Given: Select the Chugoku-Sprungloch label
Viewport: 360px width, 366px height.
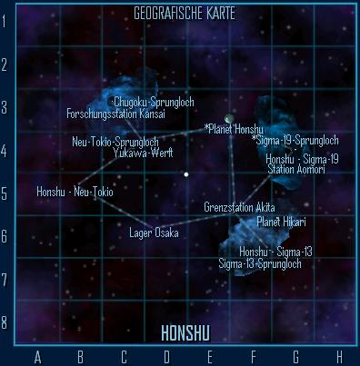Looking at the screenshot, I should [x=153, y=101].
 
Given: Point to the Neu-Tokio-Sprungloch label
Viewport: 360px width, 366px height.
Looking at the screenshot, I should [x=115, y=142].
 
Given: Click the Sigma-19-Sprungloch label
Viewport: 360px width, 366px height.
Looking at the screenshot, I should [x=295, y=141].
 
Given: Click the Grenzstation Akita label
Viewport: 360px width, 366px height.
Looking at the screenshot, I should [x=239, y=207].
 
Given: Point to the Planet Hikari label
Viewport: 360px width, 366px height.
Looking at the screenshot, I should [x=281, y=222].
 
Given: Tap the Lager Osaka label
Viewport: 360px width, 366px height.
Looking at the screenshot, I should [x=154, y=233].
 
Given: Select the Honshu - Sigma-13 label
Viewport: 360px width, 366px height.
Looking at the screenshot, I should [x=275, y=252].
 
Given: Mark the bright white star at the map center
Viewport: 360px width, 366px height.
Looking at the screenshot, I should [x=186, y=173].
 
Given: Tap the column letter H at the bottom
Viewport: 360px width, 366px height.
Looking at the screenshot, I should [x=339, y=355].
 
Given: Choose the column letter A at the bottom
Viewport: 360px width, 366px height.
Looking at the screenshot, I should [x=36, y=355].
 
